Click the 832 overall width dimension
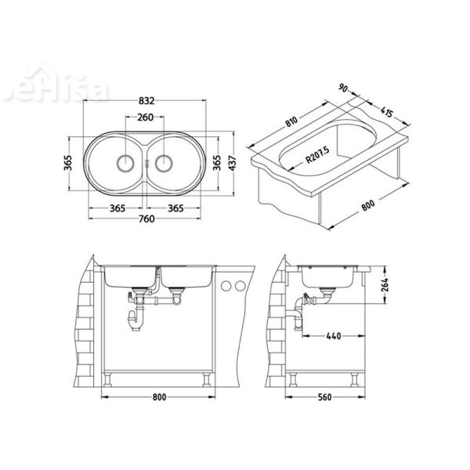coord(145,102)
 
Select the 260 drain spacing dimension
coord(145,119)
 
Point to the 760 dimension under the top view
coord(145,219)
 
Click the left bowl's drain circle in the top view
coord(124,164)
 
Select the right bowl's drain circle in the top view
coord(165,164)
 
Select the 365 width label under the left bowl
coord(117,208)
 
